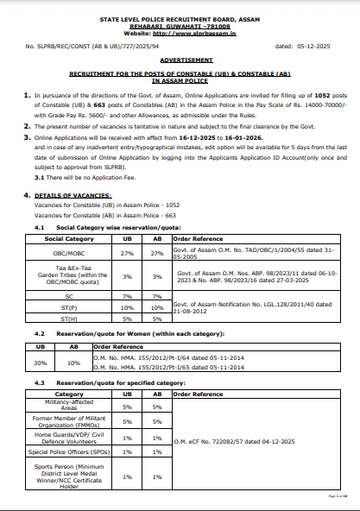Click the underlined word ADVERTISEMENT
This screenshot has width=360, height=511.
click(x=180, y=60)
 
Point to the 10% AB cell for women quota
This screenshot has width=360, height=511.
click(x=74, y=363)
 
